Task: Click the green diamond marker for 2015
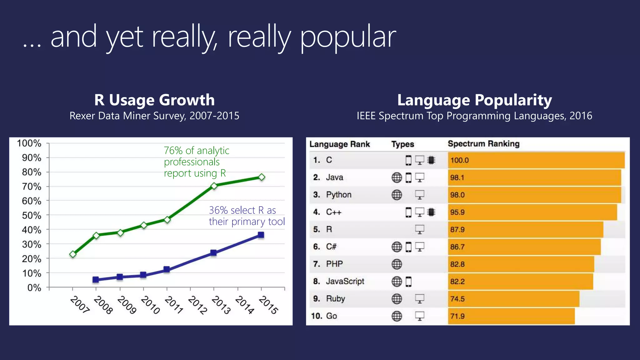coord(262,177)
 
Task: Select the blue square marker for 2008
coord(96,280)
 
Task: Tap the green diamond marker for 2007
coord(73,254)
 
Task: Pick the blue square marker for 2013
coord(213,253)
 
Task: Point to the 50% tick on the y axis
coord(32,215)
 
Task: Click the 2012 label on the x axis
coord(197,305)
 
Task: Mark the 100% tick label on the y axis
coord(29,143)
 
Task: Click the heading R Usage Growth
coord(154,100)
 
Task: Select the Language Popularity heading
coord(474,100)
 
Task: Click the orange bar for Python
coord(534,195)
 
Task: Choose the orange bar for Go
coord(511,316)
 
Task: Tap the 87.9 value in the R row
coord(457,230)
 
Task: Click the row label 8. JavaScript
coord(339,282)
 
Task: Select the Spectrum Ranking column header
coord(483,144)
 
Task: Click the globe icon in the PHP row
coord(397,264)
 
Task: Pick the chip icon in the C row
coord(431,160)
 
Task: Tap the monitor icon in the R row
coord(419,230)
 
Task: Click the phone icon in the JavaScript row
coord(408,282)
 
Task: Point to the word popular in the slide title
coord(348,37)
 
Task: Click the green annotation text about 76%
coord(197,162)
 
